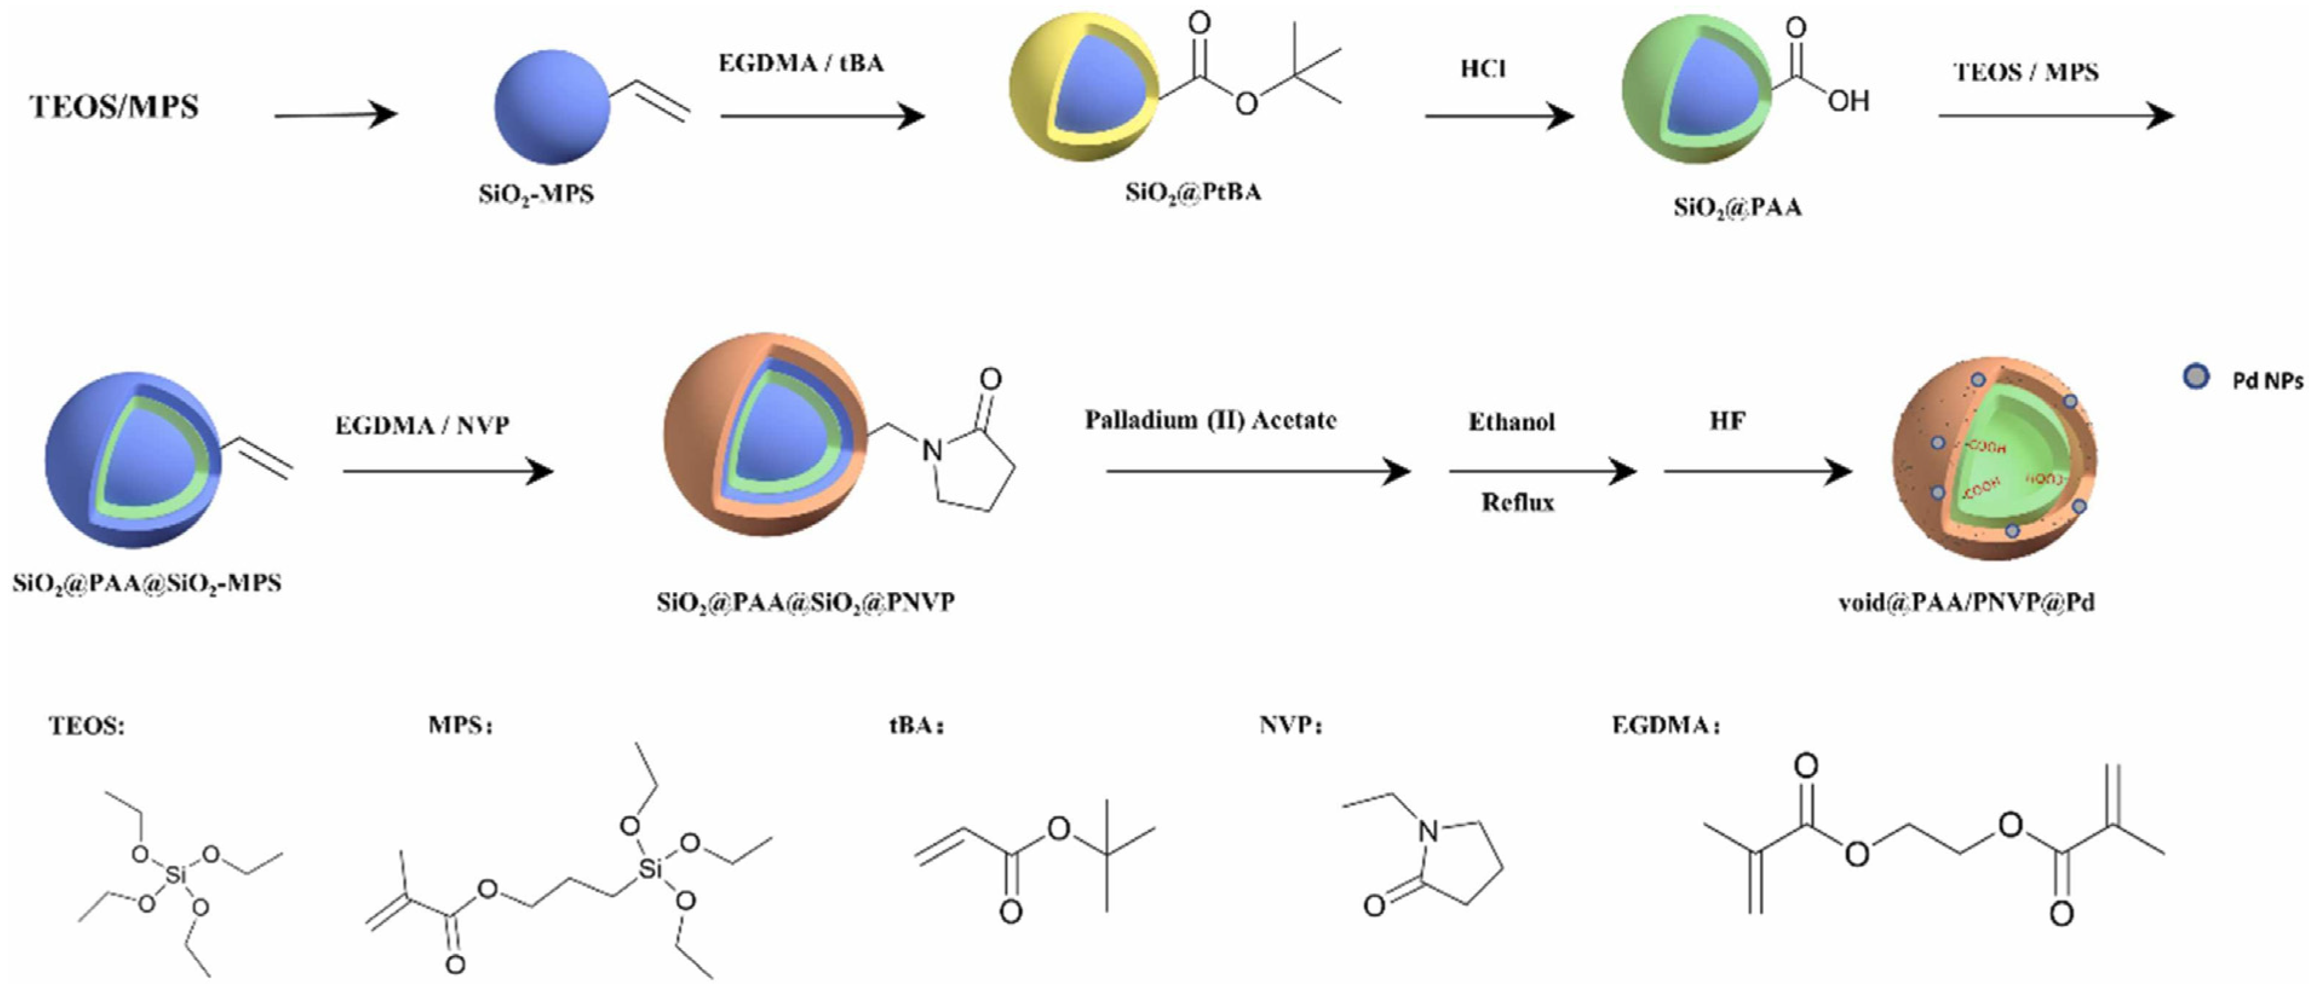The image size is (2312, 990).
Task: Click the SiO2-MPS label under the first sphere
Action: (536, 194)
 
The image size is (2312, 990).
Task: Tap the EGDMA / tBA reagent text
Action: (801, 64)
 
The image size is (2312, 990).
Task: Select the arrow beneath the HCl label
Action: (1499, 116)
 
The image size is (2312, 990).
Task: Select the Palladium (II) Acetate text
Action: (1210, 420)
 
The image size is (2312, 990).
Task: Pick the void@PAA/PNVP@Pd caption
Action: (1966, 602)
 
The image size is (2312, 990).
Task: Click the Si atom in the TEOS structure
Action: (176, 873)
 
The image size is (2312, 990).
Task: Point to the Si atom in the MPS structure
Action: (651, 869)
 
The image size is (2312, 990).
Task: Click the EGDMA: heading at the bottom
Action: (1666, 725)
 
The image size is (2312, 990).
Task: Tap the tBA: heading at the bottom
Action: (916, 725)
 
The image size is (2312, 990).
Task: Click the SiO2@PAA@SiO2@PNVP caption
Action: (805, 602)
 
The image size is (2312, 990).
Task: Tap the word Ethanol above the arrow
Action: (1511, 422)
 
